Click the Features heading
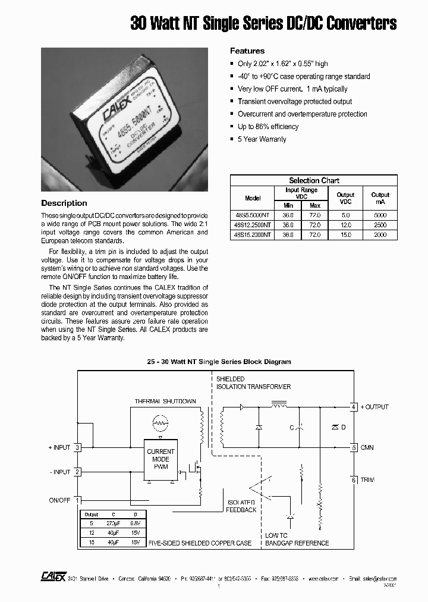247,51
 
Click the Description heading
64,203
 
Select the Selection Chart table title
314,180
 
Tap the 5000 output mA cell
380,215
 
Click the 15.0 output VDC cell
345,235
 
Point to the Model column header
253,198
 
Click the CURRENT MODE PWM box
160,459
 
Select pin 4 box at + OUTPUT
354,407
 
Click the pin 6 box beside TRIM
354,480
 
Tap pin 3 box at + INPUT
77,447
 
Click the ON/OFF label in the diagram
59,500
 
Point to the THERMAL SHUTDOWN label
165,401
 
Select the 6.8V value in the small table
136,523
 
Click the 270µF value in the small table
113,523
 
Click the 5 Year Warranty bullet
262,139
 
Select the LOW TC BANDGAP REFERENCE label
297,539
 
